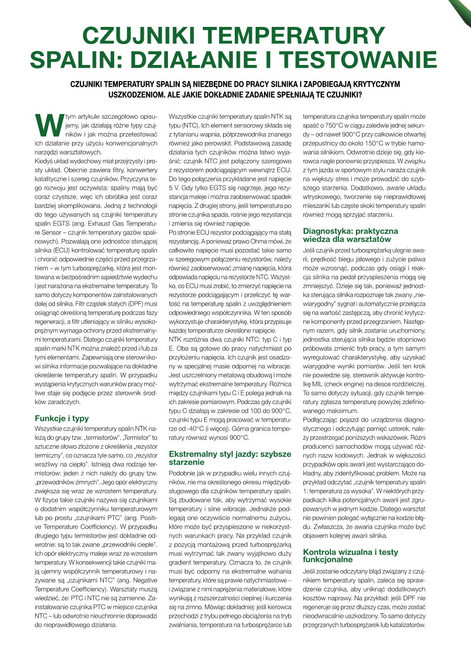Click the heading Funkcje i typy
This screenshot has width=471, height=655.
62,418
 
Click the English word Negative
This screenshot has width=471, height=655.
144,580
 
